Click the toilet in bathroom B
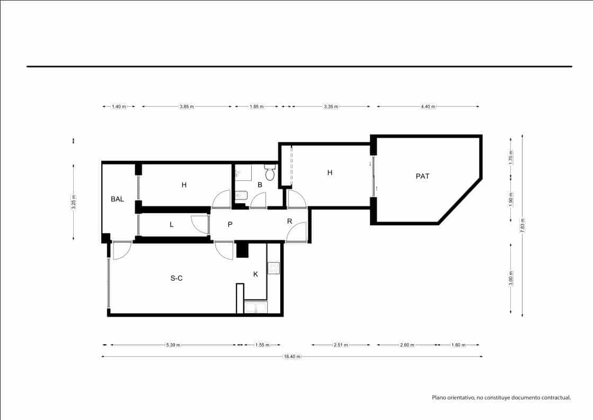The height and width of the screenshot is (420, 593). tap(270, 172)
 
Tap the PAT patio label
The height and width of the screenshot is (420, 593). tap(422, 176)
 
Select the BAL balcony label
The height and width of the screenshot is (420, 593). tap(117, 199)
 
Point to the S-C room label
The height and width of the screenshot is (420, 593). tap(176, 278)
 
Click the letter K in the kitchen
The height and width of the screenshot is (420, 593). tap(255, 274)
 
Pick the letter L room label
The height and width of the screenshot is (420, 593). tap(171, 224)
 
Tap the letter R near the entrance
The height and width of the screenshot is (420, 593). tap(289, 221)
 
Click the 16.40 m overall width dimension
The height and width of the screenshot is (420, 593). tap(292, 356)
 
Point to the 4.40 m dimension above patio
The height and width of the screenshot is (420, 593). tap(428, 107)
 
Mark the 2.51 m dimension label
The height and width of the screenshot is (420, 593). tap(341, 345)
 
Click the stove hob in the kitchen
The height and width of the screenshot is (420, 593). tap(274, 268)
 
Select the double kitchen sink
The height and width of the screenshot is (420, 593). tap(256, 307)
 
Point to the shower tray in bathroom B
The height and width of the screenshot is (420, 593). tap(243, 173)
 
